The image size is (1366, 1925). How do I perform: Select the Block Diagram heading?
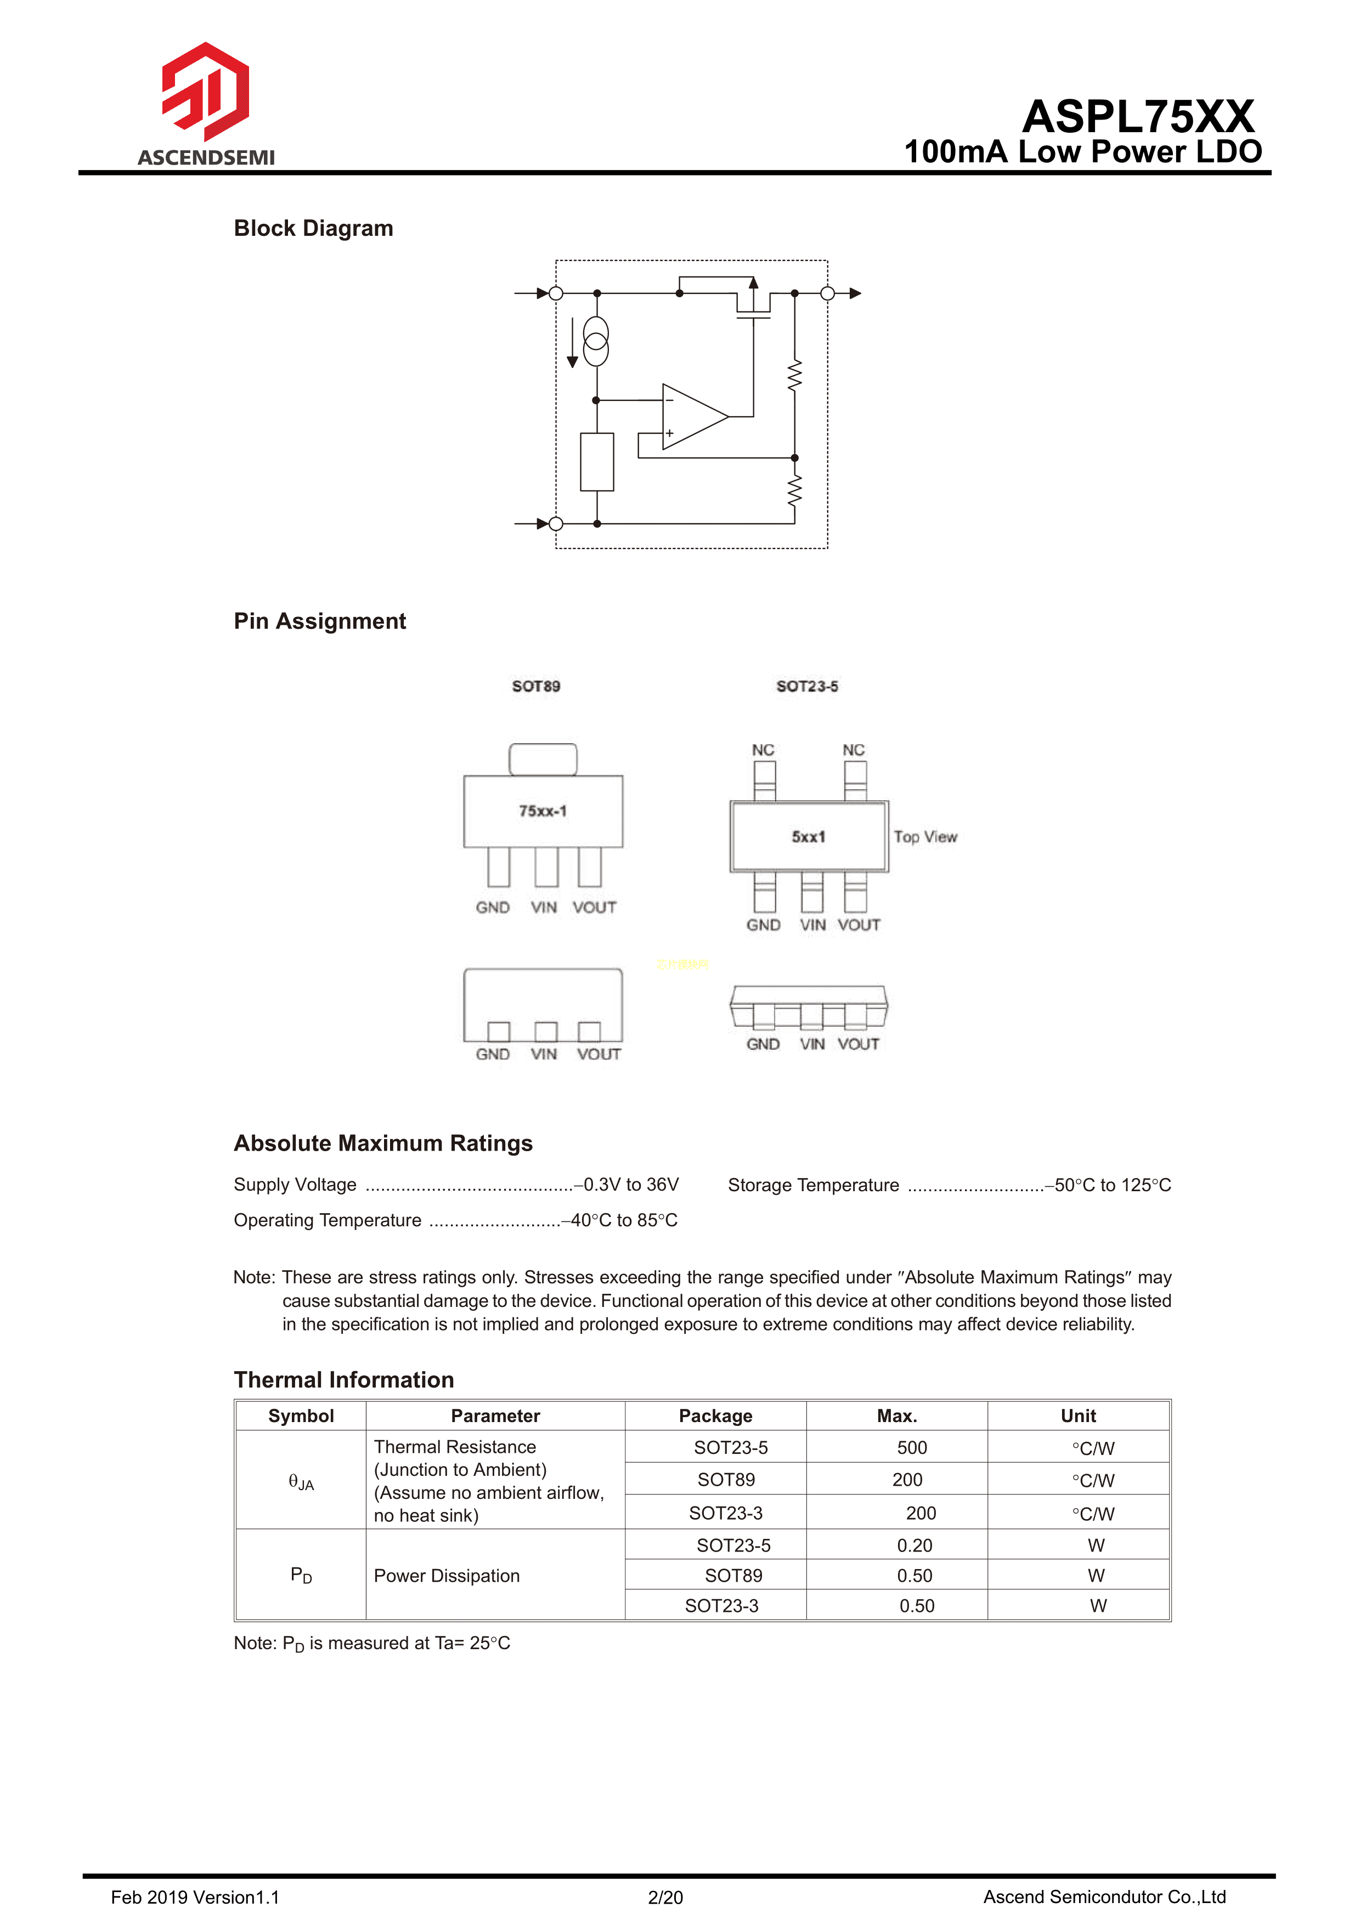click(313, 228)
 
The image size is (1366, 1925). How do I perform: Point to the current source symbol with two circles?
click(596, 341)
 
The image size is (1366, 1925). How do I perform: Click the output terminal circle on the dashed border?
click(828, 293)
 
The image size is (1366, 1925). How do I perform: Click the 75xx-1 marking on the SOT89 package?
click(543, 811)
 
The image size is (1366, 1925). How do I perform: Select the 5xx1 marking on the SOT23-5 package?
click(808, 837)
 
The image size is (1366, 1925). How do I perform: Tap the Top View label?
click(925, 837)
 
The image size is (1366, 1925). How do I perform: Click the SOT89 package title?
click(536, 686)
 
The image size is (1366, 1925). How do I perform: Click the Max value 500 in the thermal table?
click(912, 1447)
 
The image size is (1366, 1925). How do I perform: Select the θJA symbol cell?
click(300, 1482)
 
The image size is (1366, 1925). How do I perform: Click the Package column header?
click(715, 1416)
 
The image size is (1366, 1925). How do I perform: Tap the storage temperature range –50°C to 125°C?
click(1112, 1185)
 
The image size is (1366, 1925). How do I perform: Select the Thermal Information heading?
click(343, 1379)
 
